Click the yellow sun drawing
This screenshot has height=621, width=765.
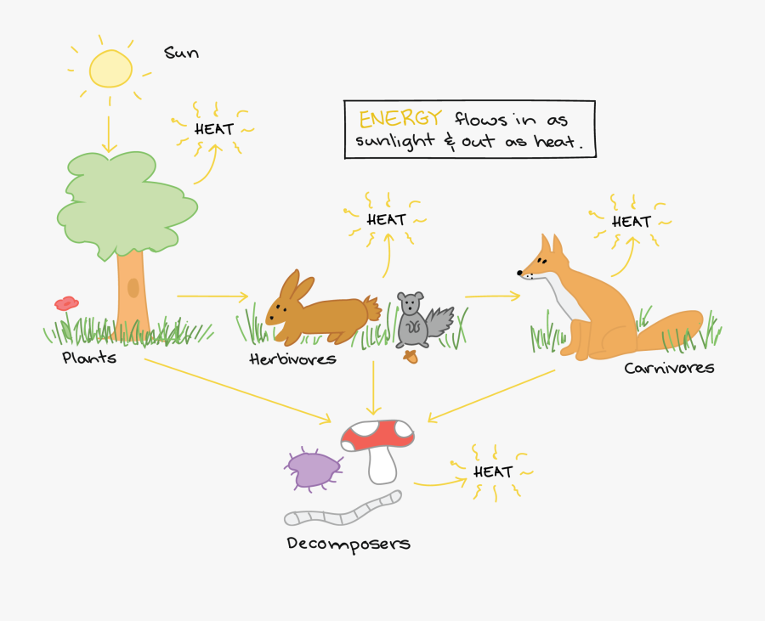[111, 68]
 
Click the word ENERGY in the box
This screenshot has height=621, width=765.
[400, 118]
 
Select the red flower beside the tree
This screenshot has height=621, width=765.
[66, 302]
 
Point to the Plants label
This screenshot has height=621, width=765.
[89, 358]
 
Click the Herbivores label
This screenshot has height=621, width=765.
[292, 358]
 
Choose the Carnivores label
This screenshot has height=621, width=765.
[669, 368]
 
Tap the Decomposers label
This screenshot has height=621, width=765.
[348, 543]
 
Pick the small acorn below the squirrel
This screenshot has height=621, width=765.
[412, 356]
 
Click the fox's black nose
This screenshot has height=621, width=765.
[520, 273]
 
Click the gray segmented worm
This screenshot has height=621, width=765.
[343, 509]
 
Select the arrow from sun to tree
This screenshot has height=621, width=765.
[108, 127]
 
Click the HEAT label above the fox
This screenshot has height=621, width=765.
[632, 222]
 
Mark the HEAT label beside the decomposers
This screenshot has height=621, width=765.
[493, 471]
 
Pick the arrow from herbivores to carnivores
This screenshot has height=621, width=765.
[492, 296]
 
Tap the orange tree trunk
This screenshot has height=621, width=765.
[132, 293]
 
